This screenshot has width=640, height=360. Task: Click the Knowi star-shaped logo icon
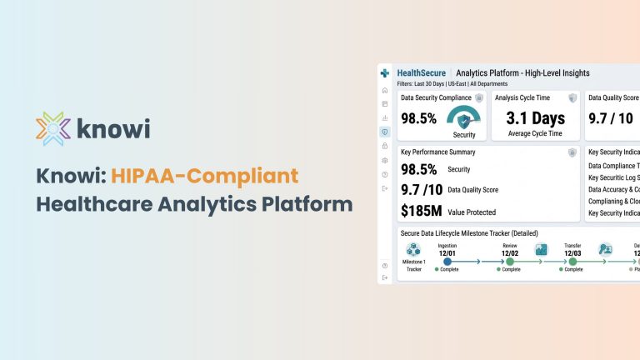coord(52,129)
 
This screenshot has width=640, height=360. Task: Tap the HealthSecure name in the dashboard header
coord(421,73)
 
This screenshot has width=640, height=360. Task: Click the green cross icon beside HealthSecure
coord(384,73)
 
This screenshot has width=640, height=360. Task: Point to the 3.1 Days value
coord(536,117)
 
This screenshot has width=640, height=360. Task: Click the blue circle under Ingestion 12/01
coord(447,261)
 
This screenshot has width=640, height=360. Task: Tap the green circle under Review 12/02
coord(510,261)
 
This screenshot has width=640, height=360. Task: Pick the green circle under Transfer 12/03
coord(572,261)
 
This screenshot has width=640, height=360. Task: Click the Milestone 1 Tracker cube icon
coord(413,249)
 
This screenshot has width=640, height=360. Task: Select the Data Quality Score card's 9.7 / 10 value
coord(612,118)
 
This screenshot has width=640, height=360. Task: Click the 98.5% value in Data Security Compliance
coord(418,118)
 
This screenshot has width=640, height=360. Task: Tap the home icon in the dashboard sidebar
coord(384,90)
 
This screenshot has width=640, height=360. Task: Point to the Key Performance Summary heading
coord(437,152)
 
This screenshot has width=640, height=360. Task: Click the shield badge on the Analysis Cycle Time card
coord(572,98)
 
